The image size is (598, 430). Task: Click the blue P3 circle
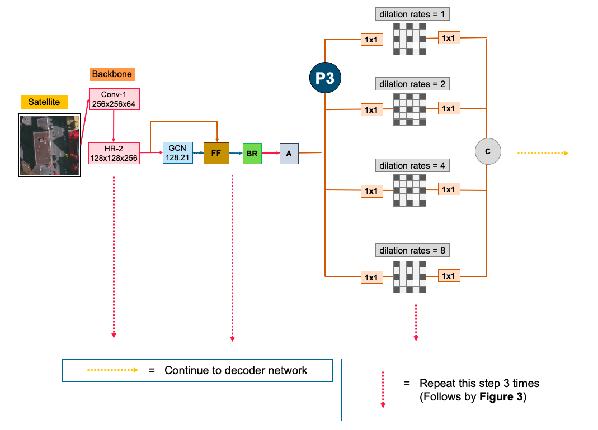325,78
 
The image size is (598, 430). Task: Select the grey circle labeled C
487,151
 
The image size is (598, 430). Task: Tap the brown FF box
216,152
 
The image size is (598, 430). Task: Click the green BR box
252,153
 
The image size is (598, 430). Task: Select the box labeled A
289,153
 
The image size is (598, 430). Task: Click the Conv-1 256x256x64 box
114,99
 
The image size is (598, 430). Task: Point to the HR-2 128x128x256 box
114,153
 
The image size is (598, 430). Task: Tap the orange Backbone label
112,74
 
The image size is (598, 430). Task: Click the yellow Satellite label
44,102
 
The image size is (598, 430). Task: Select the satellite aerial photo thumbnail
49,145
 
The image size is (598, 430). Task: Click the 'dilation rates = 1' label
413,14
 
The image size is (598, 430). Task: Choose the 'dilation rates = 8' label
413,250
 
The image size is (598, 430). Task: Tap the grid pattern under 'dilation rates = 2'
409,109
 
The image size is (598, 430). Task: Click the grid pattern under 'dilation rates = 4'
409,190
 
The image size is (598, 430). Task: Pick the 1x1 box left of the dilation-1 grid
371,40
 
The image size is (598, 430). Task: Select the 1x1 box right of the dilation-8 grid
449,276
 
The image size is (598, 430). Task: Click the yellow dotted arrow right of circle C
542,153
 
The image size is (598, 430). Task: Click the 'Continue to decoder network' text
236,370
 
